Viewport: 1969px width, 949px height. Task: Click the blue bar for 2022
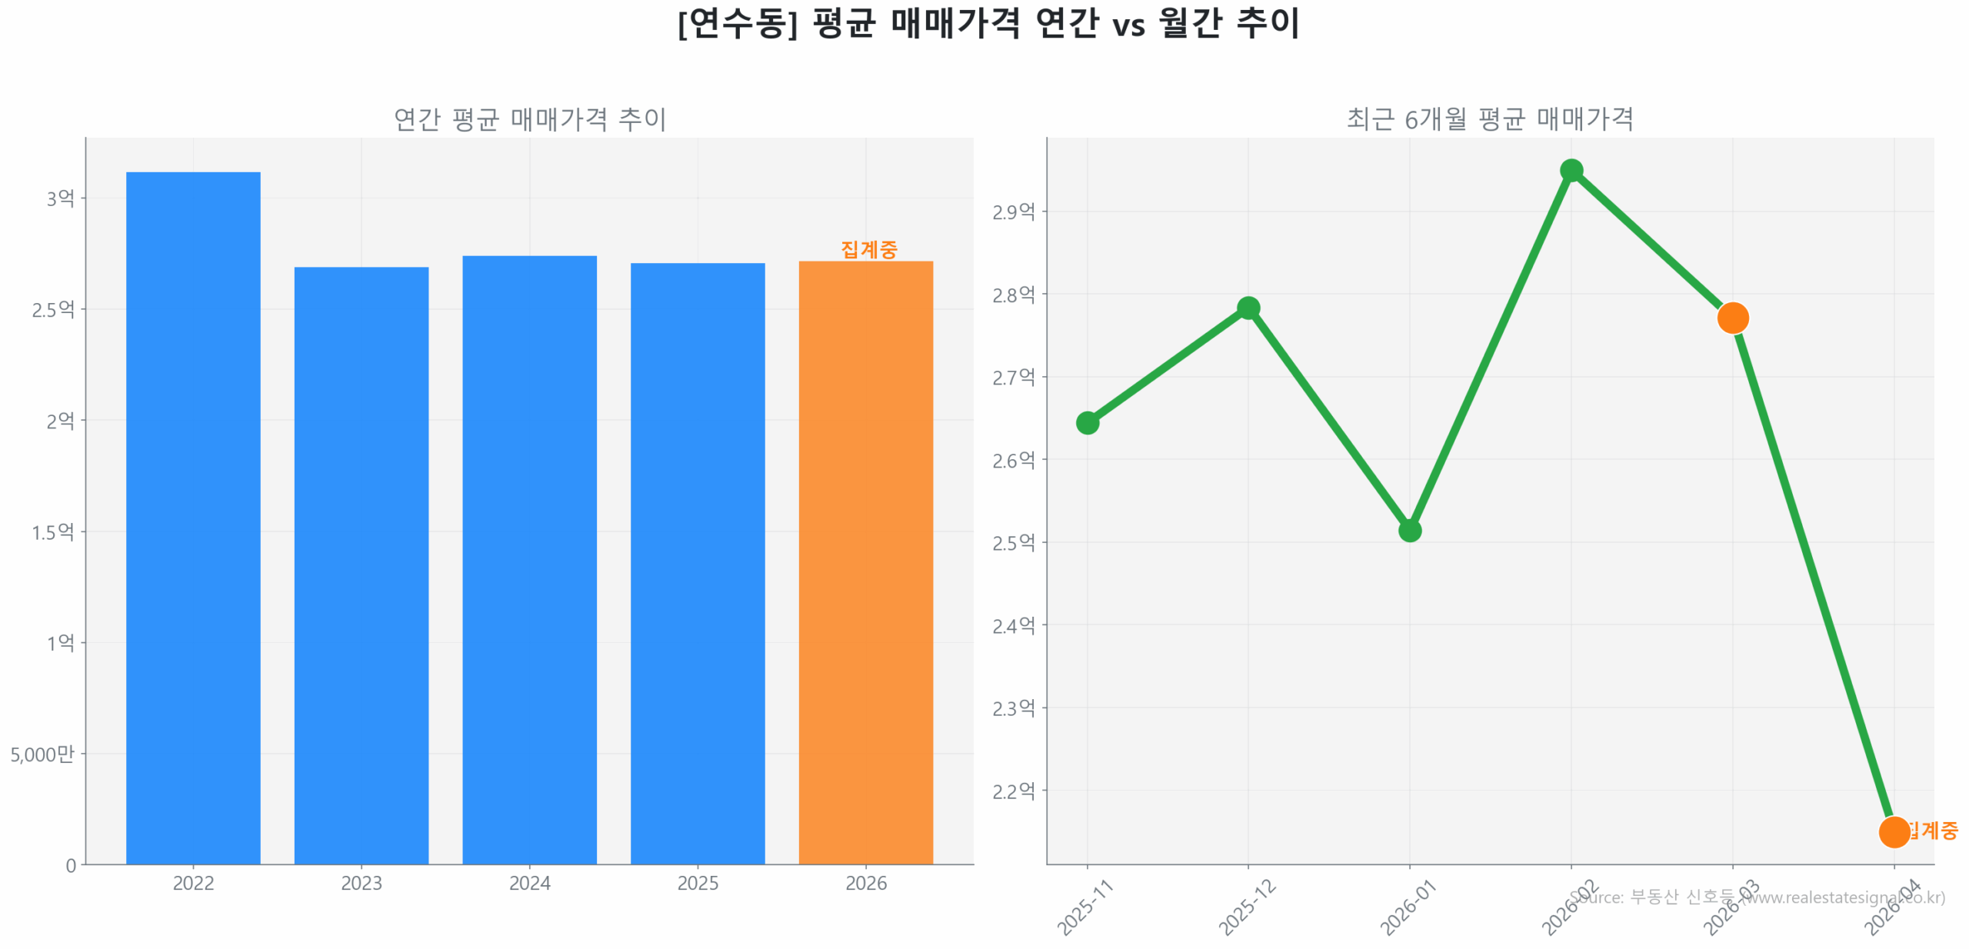[x=193, y=515]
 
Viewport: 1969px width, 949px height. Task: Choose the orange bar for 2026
[x=865, y=561]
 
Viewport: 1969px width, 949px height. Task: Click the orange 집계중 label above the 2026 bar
[x=868, y=249]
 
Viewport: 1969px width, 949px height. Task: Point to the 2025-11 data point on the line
[x=1087, y=422]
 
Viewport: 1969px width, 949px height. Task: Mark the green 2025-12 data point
[x=1248, y=308]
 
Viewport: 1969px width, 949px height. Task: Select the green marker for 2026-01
[x=1409, y=530]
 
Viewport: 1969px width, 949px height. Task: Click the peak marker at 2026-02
[x=1571, y=170]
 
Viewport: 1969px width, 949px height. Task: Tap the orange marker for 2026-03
[x=1732, y=317]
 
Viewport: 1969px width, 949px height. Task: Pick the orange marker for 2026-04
[x=1893, y=831]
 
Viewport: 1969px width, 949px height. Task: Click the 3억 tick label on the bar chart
[x=60, y=198]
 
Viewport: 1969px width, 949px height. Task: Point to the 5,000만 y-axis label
[x=42, y=754]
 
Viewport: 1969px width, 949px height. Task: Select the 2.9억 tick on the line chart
[x=1013, y=211]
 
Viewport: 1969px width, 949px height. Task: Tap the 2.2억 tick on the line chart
[x=1013, y=791]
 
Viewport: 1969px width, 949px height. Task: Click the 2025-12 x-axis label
[x=1246, y=907]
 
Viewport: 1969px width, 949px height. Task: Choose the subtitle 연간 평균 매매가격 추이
[x=529, y=119]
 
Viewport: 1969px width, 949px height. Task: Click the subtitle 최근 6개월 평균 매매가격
[x=1489, y=119]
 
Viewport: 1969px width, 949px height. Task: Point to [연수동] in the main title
[x=737, y=23]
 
